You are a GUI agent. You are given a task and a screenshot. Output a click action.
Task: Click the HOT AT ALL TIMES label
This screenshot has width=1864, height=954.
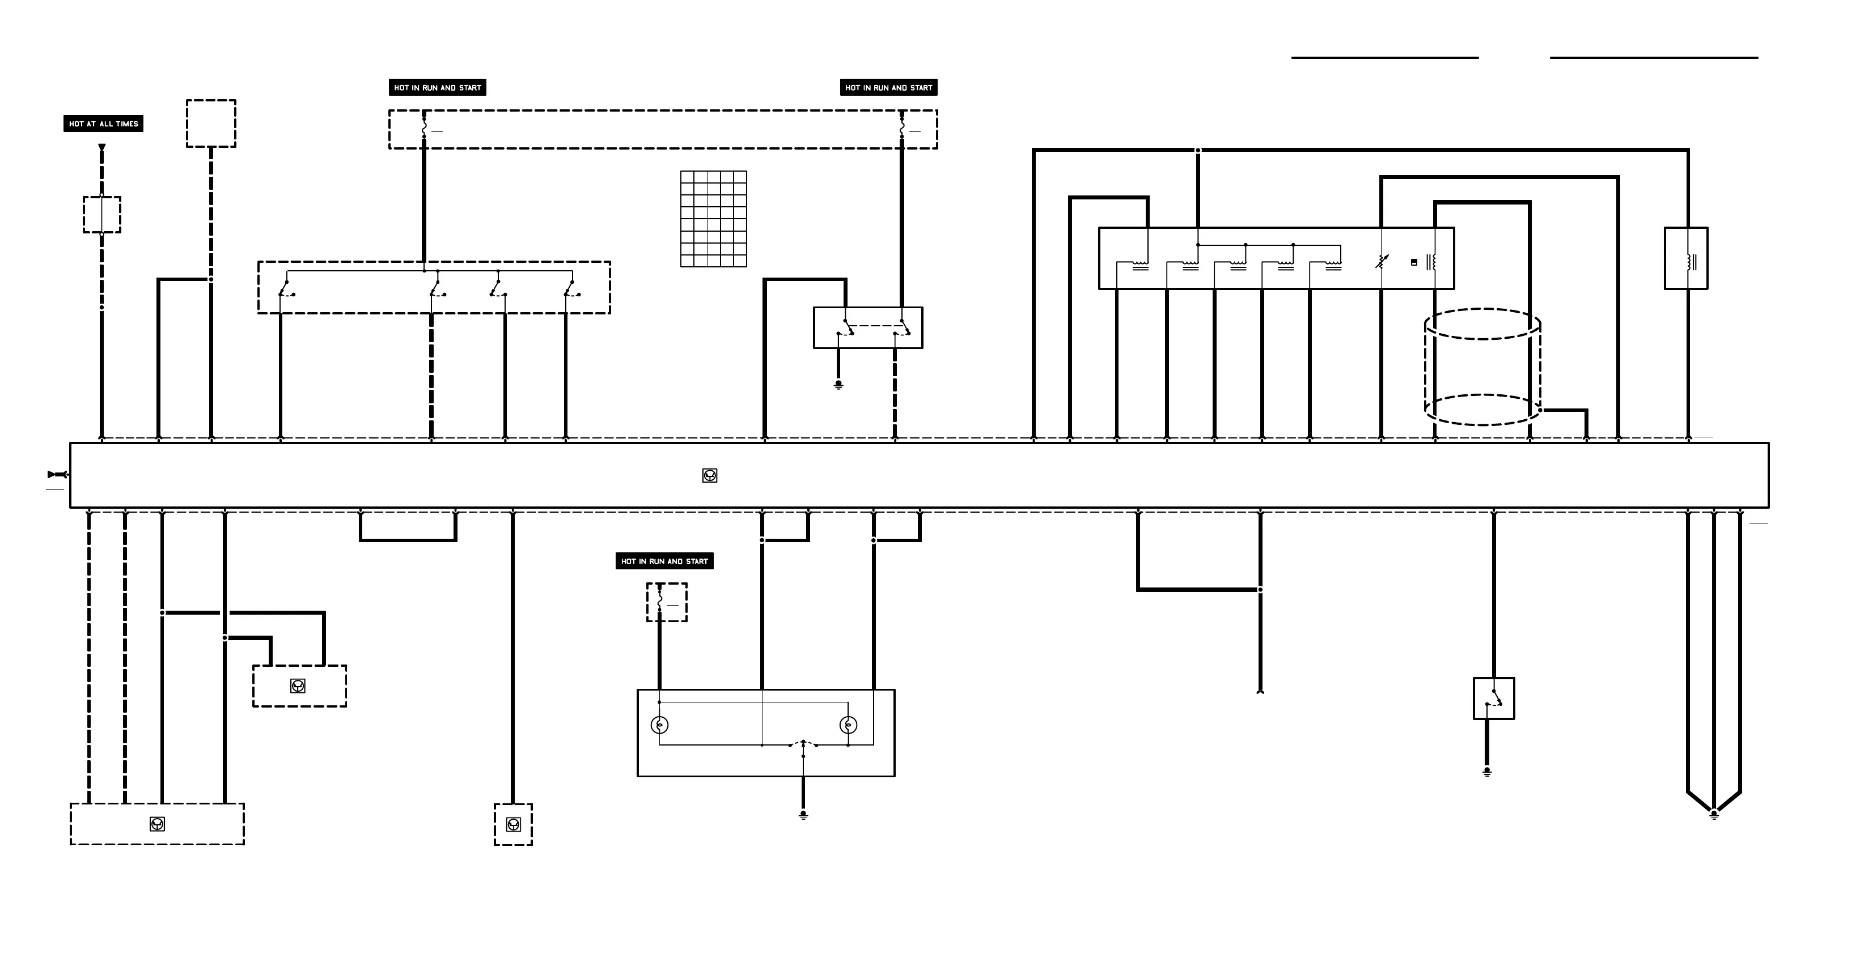pos(104,123)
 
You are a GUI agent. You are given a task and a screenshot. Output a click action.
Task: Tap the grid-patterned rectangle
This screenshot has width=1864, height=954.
pos(714,219)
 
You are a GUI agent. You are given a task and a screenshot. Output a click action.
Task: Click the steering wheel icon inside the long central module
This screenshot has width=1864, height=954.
pos(710,475)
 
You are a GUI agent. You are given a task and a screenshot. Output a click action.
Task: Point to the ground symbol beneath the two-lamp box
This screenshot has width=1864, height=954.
pos(803,815)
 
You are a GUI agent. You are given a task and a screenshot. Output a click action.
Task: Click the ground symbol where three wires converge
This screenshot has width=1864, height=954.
pos(1714,815)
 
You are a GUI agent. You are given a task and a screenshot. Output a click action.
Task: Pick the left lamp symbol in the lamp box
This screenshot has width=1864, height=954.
pos(659,725)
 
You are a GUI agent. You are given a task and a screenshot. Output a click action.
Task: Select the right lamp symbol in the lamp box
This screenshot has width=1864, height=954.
pos(848,725)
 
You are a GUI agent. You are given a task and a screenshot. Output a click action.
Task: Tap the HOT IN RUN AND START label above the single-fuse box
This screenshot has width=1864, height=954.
pos(664,561)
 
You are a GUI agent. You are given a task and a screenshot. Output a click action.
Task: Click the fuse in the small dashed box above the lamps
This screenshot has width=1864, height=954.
pos(660,600)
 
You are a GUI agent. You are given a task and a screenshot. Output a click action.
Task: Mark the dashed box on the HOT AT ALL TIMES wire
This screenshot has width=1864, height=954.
pos(102,215)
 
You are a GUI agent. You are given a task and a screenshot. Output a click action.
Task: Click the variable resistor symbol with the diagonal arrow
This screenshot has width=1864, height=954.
pos(1382,261)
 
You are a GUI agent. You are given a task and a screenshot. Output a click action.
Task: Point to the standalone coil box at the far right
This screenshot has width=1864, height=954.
pos(1686,259)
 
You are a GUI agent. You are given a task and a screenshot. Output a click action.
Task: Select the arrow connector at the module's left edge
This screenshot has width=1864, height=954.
pos(57,475)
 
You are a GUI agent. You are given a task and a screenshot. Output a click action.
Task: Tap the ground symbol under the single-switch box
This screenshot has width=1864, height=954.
pos(1487,772)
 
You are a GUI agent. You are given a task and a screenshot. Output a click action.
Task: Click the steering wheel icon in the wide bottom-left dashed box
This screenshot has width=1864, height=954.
pos(157,824)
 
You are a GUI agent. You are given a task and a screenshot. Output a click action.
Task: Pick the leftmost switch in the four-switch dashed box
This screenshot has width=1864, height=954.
pos(286,289)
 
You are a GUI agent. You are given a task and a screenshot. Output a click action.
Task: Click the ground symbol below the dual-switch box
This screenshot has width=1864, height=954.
pos(838,385)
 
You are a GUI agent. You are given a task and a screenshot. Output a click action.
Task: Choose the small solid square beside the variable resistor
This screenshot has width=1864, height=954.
pos(1414,262)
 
